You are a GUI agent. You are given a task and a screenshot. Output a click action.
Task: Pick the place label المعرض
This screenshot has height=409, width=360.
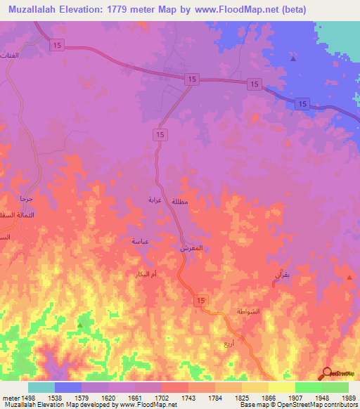(192, 249)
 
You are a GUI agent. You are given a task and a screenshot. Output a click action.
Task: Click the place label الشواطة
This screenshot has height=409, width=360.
(250, 311)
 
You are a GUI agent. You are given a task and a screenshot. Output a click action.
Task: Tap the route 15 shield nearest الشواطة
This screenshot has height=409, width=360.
(201, 301)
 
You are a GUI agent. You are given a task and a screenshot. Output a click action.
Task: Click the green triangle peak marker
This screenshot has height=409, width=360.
(80, 325)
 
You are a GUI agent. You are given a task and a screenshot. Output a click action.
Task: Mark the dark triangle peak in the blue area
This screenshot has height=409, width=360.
(292, 58)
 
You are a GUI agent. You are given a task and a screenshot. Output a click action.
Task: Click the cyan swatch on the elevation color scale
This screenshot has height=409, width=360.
(41, 387)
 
